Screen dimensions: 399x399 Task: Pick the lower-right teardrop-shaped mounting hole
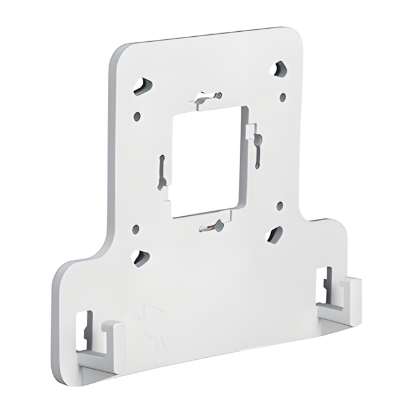275,235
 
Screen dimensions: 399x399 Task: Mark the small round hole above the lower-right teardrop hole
279,205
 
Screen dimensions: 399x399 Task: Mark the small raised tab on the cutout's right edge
251,132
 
